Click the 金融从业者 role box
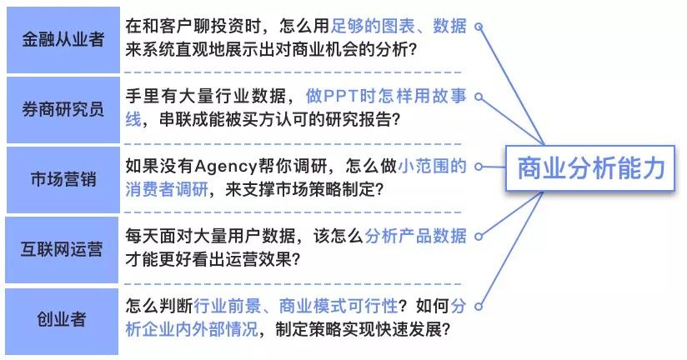(x=63, y=38)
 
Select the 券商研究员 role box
(x=63, y=109)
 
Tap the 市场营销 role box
(x=63, y=178)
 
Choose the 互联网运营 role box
(x=63, y=248)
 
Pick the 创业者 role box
(x=63, y=319)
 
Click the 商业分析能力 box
(x=591, y=168)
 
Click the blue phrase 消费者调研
(x=163, y=189)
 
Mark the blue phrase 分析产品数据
(x=415, y=236)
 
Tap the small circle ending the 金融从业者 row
(x=479, y=27)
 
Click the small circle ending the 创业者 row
(x=479, y=307)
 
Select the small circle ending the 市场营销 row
(x=479, y=167)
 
